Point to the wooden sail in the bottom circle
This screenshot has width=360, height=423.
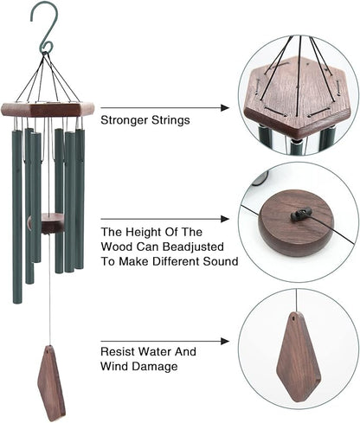(298, 356)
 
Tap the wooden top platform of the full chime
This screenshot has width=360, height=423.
(48, 111)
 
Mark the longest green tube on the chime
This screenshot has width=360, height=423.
(17, 216)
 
